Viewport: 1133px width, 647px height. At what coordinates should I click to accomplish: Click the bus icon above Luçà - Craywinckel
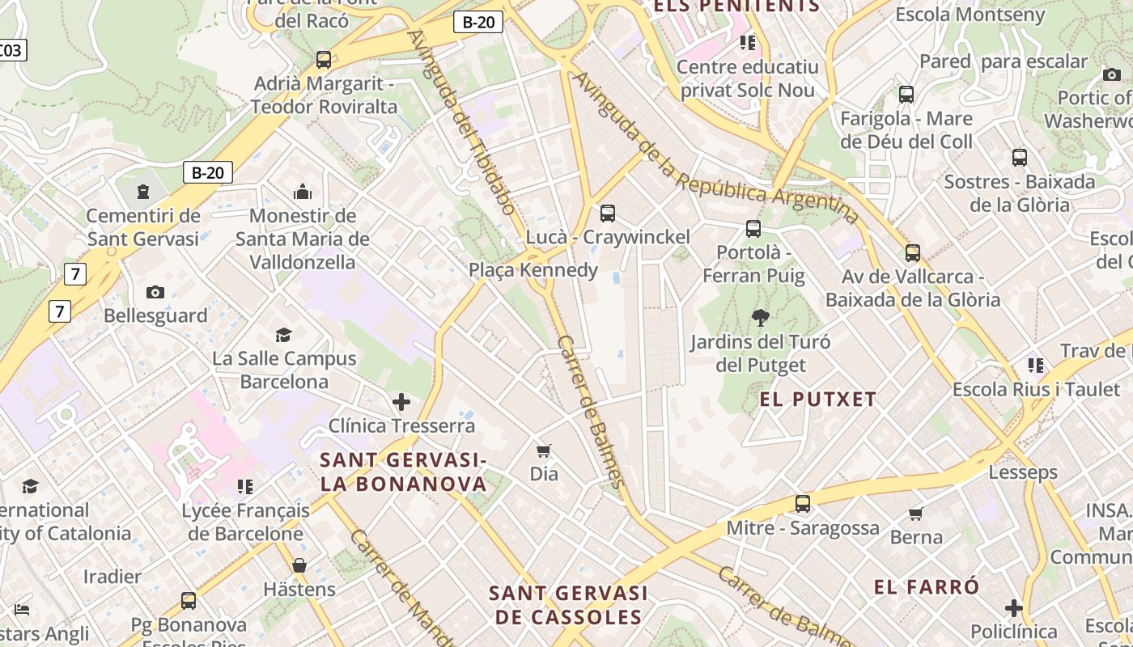(x=607, y=214)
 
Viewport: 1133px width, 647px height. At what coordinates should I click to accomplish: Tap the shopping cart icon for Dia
(x=544, y=450)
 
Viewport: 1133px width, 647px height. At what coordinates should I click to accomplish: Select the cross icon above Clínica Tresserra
(x=401, y=402)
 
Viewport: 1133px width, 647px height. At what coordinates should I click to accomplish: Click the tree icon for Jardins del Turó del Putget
(x=760, y=317)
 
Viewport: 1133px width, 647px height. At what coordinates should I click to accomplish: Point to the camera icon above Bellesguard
(x=155, y=292)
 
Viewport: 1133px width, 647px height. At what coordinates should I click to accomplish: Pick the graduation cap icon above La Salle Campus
(x=283, y=335)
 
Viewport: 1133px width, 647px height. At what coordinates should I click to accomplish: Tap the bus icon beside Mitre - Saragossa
(x=802, y=504)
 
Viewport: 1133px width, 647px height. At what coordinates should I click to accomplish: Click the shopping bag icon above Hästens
(x=299, y=565)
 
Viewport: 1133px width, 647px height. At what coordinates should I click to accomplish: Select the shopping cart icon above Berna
(x=916, y=514)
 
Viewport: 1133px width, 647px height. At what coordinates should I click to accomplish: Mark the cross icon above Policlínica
(x=1013, y=608)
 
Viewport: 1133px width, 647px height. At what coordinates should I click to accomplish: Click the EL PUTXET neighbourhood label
(x=817, y=399)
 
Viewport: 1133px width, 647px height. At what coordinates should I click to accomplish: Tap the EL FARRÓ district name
(x=927, y=587)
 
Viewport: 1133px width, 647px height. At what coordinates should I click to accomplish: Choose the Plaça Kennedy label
(x=533, y=270)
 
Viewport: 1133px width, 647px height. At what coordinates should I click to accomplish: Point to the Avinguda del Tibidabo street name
(x=462, y=121)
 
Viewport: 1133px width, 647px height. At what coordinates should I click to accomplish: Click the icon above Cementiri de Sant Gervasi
(x=143, y=192)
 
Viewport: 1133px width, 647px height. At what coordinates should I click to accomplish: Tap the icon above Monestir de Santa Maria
(x=303, y=192)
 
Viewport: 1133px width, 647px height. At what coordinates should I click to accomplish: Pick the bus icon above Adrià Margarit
(x=324, y=59)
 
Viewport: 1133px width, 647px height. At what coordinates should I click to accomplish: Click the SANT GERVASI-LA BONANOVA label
(x=403, y=472)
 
